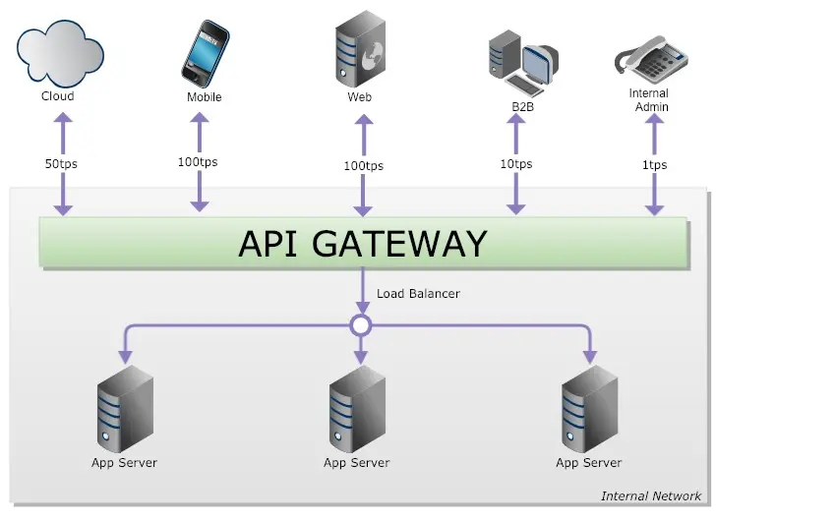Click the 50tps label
[61, 164]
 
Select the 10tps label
[516, 164]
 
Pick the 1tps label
[654, 165]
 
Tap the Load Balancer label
[418, 294]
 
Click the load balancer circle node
[361, 324]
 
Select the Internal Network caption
[651, 496]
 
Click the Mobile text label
[205, 97]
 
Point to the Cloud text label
[57, 96]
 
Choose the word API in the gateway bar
[270, 243]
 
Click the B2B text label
[522, 106]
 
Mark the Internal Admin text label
[649, 100]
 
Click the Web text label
[359, 97]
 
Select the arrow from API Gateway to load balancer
[361, 291]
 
